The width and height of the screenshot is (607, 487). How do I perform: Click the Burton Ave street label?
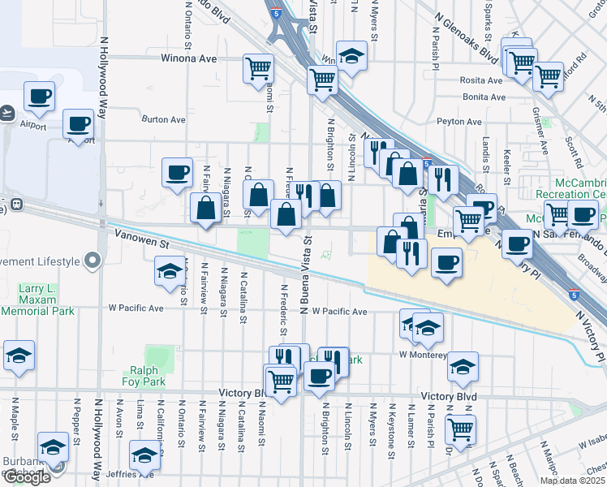click(163, 119)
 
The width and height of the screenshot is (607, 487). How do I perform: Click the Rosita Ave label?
click(482, 80)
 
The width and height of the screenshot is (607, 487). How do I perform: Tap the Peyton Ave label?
click(459, 122)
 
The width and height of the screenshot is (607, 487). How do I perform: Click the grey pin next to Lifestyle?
click(92, 261)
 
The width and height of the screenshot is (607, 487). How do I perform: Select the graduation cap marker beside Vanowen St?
click(170, 271)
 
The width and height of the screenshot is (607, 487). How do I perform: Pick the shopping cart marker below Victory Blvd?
click(460, 429)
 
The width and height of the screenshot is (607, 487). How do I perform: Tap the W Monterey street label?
click(423, 355)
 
